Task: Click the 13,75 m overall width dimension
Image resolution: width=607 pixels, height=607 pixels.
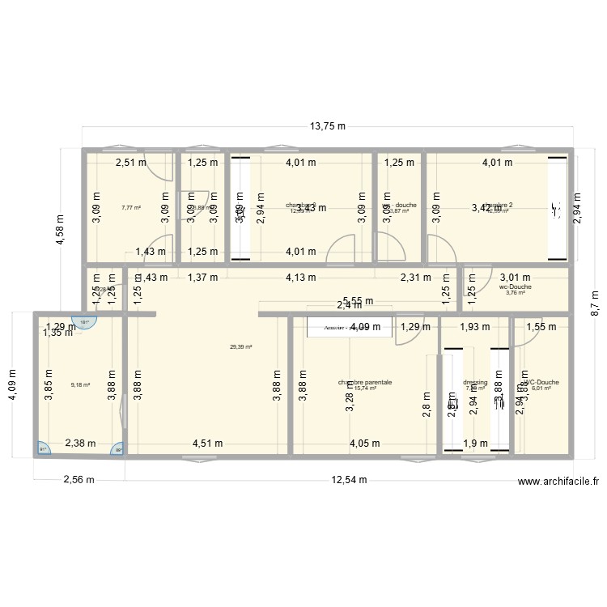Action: [328, 126]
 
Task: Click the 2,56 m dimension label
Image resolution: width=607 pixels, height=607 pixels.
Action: [79, 479]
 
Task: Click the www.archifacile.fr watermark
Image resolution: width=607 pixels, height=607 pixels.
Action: [558, 482]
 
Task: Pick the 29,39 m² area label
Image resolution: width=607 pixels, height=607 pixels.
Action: [241, 347]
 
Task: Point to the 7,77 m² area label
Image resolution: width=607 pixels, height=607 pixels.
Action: [131, 208]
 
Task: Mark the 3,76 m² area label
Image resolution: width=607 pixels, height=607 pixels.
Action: [516, 293]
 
